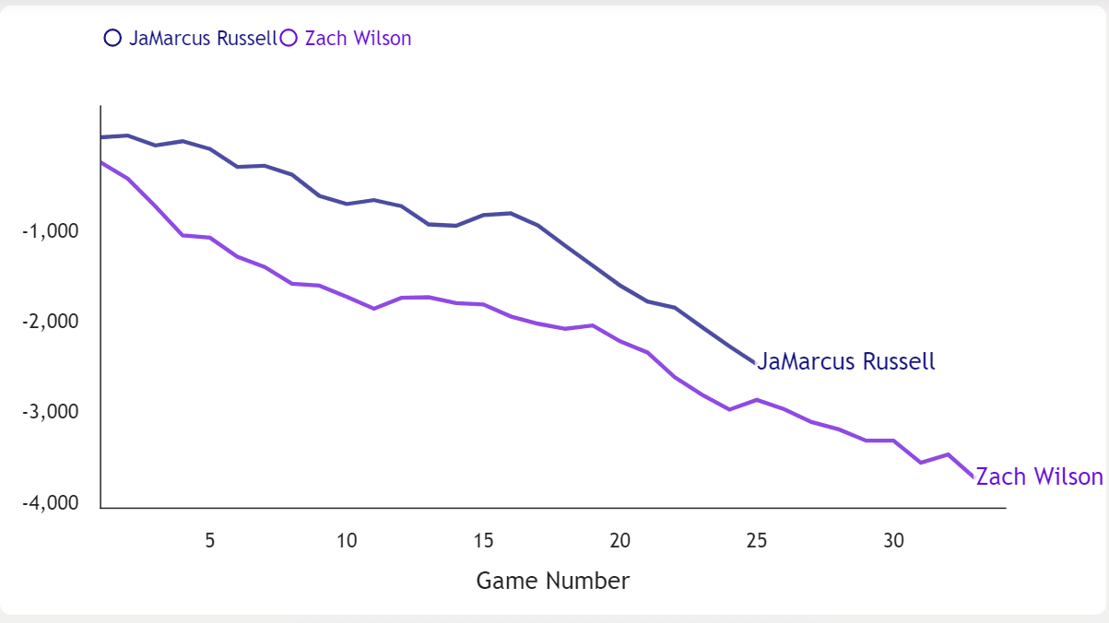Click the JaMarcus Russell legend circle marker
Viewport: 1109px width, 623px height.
coord(113,38)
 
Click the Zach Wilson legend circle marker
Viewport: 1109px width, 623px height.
coord(289,38)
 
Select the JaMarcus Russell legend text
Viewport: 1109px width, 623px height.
coord(203,38)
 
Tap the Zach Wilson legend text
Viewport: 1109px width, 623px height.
coord(358,38)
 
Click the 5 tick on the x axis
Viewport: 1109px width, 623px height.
coord(210,540)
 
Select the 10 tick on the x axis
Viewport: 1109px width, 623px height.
coord(347,540)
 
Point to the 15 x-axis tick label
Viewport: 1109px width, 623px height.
coord(483,540)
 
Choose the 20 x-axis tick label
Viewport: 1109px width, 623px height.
coord(619,540)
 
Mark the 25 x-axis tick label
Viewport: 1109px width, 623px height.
coord(756,540)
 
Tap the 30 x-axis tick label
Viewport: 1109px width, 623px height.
coord(892,540)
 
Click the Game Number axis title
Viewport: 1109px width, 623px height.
coord(553,581)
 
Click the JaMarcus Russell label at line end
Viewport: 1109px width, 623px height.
coord(846,361)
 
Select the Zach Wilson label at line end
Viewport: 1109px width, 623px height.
coord(1039,476)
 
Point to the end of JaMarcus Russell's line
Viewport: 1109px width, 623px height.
coord(755,362)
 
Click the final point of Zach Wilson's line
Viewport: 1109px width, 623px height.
coord(973,476)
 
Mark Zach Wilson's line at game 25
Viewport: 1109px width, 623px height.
coord(756,400)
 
